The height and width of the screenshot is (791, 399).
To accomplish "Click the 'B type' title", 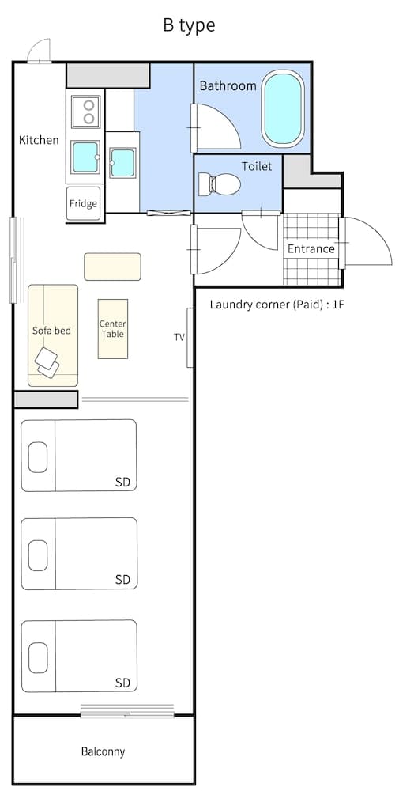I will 189,25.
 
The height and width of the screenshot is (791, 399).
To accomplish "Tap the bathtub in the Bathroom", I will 283,109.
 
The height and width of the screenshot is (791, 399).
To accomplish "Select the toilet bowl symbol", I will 219,185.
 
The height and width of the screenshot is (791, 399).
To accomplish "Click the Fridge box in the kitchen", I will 83,203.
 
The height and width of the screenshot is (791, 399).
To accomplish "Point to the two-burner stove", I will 85,112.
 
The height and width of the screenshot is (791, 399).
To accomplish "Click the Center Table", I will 113,328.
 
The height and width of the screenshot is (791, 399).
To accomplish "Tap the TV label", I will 179,337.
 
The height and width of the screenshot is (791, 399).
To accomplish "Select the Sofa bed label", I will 51,330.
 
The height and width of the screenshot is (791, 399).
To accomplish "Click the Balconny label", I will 103,751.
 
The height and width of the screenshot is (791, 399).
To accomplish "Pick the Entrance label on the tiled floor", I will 311,248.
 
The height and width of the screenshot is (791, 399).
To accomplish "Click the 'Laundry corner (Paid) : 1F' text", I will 277,305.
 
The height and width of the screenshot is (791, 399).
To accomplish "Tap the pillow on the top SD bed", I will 38,456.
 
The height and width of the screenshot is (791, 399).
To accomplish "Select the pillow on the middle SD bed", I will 38,556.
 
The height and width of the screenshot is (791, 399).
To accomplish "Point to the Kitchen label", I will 39,140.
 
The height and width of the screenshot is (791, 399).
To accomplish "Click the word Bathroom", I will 228,85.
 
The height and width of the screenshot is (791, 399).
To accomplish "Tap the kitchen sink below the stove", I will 85,157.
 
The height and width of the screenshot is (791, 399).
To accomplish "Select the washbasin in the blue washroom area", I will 122,162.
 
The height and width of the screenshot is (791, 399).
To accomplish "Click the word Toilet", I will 257,166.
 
